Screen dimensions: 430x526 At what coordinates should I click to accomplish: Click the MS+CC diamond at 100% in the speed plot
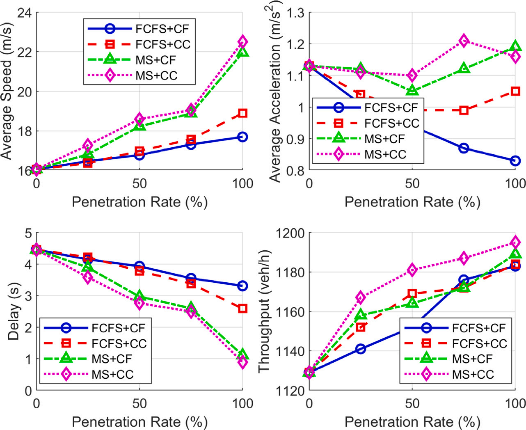point(242,41)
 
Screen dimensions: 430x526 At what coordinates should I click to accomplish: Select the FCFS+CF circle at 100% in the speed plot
point(242,137)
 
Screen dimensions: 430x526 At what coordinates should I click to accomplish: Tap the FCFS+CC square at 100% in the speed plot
point(242,113)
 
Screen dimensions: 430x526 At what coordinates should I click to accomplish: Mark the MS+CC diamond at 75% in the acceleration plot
point(464,41)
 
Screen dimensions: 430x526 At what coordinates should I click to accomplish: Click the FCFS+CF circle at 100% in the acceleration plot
point(515,161)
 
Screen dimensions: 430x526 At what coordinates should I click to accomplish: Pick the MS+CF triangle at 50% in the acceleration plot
point(412,90)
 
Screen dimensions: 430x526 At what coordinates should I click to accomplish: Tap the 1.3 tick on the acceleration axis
point(295,13)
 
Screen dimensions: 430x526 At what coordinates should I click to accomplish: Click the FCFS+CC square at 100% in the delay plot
point(242,308)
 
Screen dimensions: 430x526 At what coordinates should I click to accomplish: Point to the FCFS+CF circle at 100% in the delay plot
point(242,286)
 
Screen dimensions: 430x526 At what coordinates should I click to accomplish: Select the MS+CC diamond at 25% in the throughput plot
point(361,297)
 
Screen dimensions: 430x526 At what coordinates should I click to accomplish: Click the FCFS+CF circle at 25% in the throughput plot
point(361,349)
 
